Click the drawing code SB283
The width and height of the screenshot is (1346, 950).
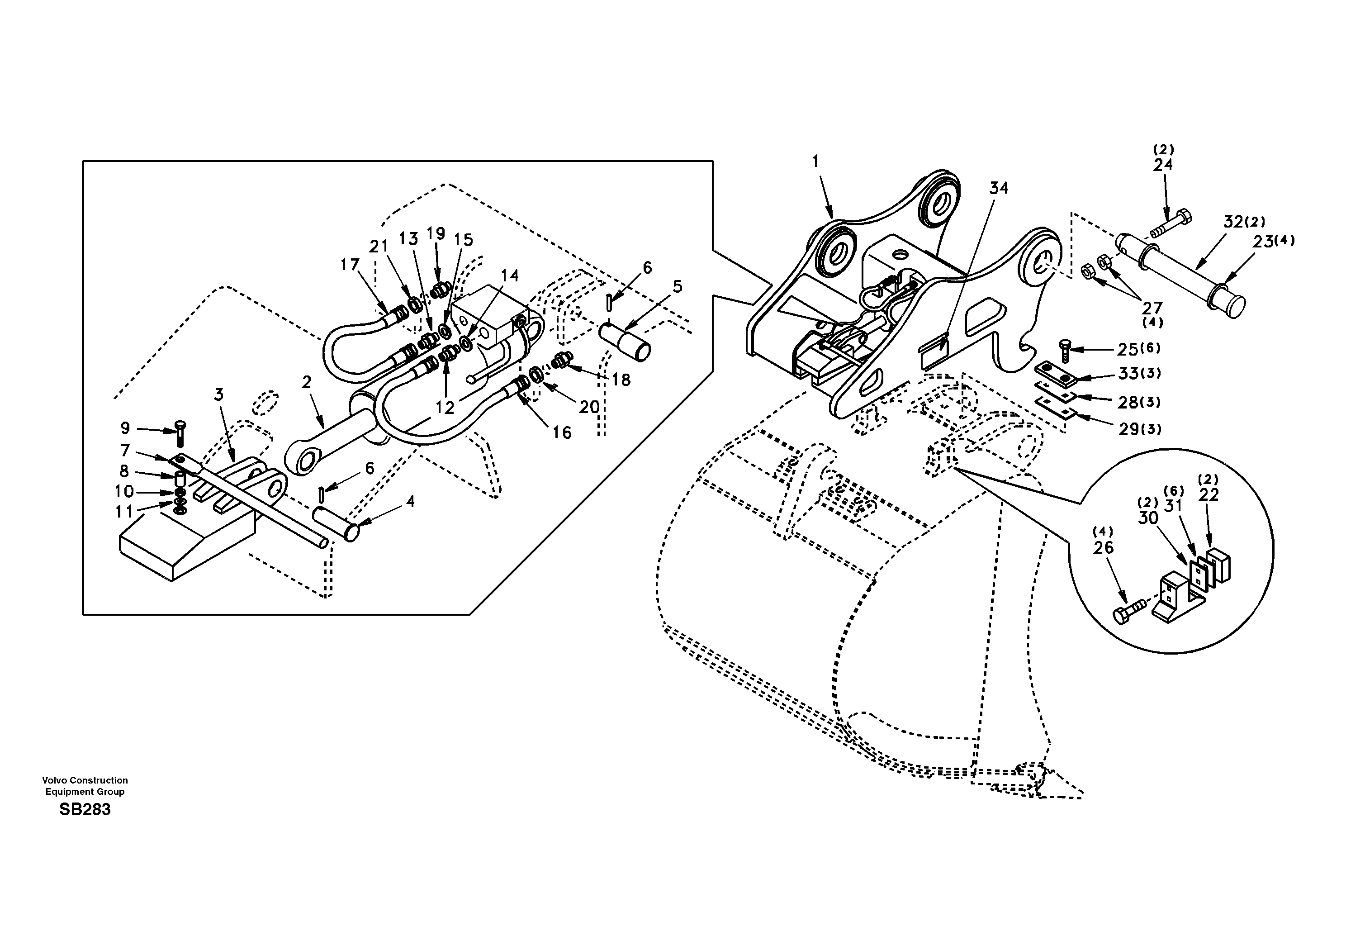(85, 810)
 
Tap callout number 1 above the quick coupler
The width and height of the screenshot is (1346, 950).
(815, 161)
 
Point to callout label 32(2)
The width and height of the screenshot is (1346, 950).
(1244, 222)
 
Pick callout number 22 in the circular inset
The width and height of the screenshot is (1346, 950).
(1209, 495)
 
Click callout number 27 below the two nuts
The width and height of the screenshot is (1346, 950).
(1152, 308)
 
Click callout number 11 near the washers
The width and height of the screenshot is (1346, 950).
(124, 512)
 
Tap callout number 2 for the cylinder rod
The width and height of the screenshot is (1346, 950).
(306, 382)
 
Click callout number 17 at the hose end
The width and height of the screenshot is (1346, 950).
(350, 265)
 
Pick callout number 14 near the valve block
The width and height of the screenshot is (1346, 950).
(510, 275)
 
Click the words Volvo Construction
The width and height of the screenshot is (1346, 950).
(85, 780)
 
